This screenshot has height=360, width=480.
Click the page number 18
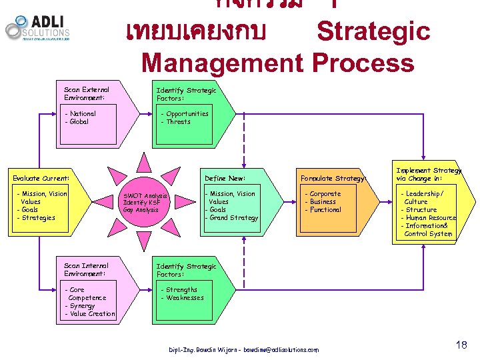(461, 345)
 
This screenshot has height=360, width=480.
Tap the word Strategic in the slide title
(373, 32)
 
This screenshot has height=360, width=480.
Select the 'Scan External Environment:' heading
(87, 93)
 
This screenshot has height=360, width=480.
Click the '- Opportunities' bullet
(185, 114)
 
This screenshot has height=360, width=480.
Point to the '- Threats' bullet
(176, 122)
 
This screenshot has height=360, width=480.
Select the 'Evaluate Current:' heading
(41, 179)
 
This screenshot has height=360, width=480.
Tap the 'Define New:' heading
(225, 179)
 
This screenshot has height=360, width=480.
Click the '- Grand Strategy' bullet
(231, 218)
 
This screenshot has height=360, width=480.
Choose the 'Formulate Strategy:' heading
(333, 179)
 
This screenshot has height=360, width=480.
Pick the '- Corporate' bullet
(323, 194)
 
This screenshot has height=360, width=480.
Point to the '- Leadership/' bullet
(429, 194)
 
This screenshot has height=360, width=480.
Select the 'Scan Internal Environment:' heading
(87, 270)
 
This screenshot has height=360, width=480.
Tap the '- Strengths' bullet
(179, 290)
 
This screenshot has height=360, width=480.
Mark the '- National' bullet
(81, 114)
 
